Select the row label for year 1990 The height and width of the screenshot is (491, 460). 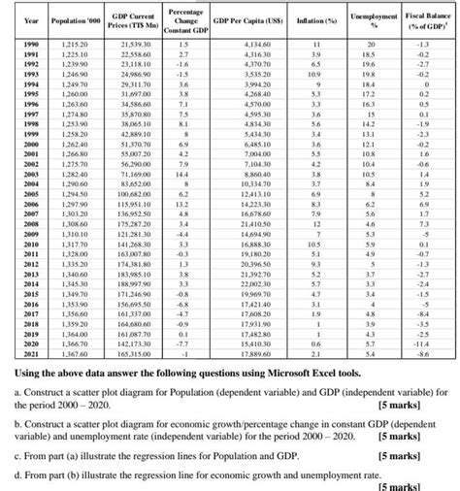[29, 46]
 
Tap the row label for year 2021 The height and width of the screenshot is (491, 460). [29, 356]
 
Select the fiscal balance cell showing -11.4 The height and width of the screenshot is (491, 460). [421, 345]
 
